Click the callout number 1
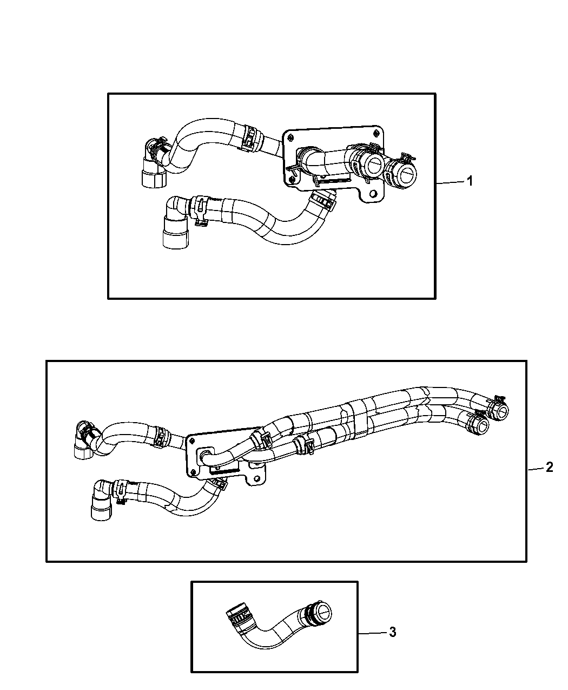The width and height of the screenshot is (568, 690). pyautogui.click(x=470, y=181)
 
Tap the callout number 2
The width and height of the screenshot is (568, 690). pyautogui.click(x=549, y=467)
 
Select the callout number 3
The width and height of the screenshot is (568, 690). pyautogui.click(x=393, y=632)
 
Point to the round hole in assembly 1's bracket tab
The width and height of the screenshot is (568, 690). pyautogui.click(x=373, y=193)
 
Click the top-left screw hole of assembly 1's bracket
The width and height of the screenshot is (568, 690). pyautogui.click(x=291, y=138)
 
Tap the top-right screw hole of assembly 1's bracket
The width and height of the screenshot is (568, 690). pyautogui.click(x=375, y=133)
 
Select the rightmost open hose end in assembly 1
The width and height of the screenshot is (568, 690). pyautogui.click(x=407, y=174)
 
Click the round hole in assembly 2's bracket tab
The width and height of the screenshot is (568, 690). pyautogui.click(x=256, y=478)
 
